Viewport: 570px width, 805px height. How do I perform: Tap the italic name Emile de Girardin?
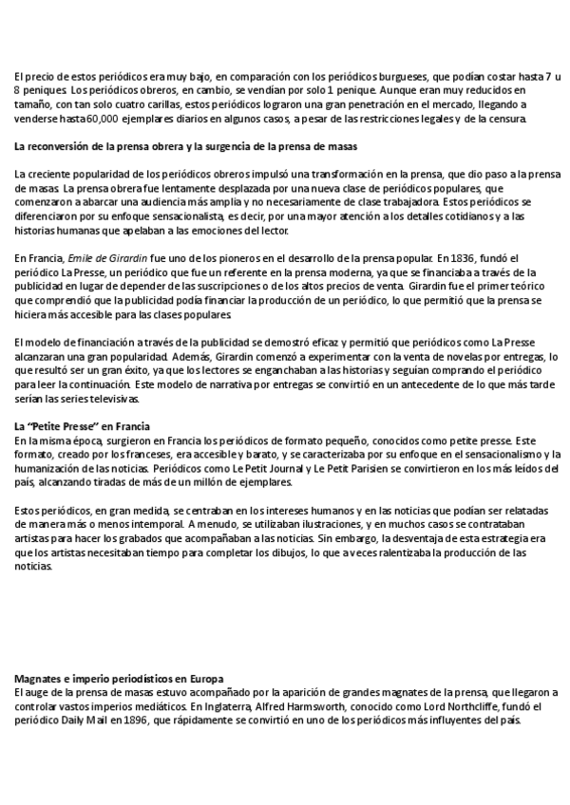tap(104, 257)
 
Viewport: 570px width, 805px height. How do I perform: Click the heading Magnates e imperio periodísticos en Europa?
tap(119, 679)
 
